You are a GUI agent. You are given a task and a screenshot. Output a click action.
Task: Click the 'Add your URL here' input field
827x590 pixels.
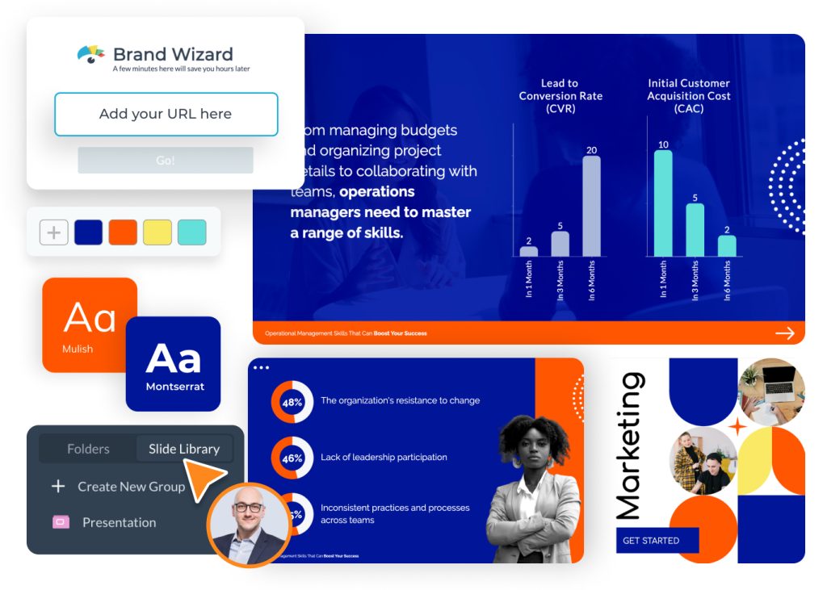click(166, 114)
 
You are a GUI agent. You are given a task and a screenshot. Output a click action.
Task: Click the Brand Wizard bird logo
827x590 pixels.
click(91, 54)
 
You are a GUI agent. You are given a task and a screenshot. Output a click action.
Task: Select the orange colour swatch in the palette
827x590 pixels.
click(123, 232)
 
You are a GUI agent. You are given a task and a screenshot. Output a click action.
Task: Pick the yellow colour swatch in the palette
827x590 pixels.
click(157, 232)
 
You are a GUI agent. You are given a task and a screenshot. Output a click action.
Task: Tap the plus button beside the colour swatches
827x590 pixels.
click(54, 232)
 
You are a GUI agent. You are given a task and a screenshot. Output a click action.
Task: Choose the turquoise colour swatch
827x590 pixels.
click(192, 232)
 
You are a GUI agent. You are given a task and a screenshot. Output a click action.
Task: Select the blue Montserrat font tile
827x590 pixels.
click(174, 363)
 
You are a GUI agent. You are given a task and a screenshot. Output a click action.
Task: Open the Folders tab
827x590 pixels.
click(88, 450)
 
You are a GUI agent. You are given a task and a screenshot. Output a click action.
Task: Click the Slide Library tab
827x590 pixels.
click(184, 450)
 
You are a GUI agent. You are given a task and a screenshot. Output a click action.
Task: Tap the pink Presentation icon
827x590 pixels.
click(60, 522)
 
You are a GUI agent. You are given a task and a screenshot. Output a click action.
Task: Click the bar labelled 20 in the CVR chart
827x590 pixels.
click(591, 206)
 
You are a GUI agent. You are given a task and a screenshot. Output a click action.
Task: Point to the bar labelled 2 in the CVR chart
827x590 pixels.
click(529, 251)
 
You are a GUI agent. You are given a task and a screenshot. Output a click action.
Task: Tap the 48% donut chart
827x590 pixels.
click(292, 401)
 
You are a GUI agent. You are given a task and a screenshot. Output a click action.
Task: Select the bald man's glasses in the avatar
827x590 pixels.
click(249, 508)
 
